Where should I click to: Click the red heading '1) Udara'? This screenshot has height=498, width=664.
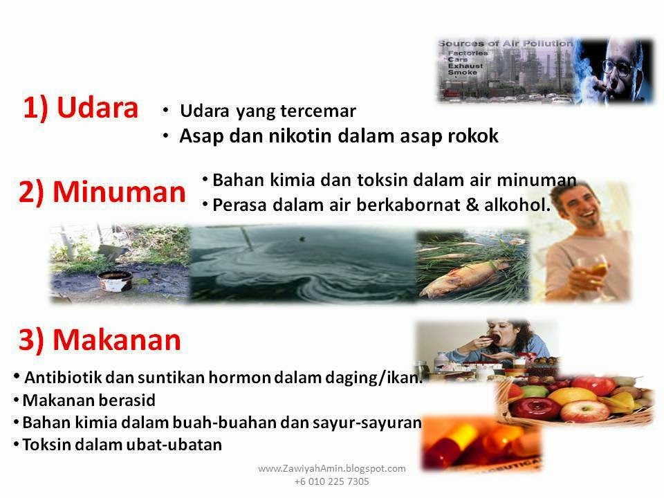click(80, 108)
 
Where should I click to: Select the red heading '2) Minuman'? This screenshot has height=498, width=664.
click(102, 192)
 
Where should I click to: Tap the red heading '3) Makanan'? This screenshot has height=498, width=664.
click(100, 340)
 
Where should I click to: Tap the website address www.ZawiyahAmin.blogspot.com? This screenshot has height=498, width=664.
click(331, 468)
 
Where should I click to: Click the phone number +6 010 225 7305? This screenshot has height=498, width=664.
click(331, 481)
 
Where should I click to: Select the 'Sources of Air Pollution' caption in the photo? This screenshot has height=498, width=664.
click(506, 44)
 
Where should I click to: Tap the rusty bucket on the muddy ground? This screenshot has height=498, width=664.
click(115, 280)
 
